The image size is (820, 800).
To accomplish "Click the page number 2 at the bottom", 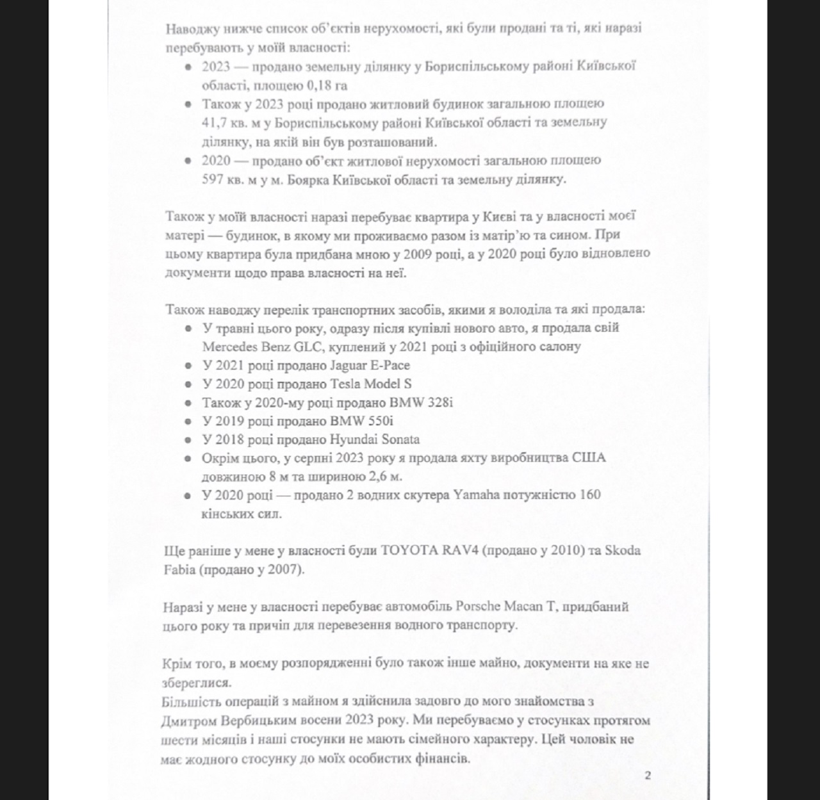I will (648, 776).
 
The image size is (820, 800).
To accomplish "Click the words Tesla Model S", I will (371, 384).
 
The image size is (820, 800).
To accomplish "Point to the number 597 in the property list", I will (213, 179).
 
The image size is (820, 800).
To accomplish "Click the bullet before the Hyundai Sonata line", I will (188, 440).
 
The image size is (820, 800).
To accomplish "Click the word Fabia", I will (179, 569).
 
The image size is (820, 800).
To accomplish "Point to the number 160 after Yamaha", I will (590, 495).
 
